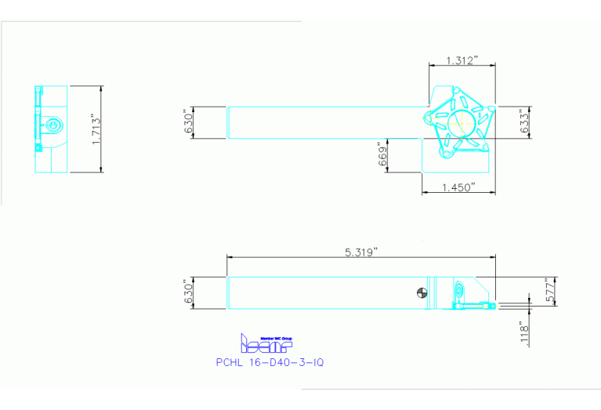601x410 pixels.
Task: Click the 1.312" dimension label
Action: pyautogui.click(x=462, y=60)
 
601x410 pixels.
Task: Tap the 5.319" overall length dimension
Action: pyautogui.click(x=361, y=252)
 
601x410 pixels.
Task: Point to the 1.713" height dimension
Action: pyautogui.click(x=96, y=129)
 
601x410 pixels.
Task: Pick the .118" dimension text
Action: pyautogui.click(x=524, y=332)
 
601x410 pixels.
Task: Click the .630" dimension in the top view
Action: pyautogui.click(x=188, y=123)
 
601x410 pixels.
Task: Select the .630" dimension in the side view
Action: pyautogui.click(x=188, y=293)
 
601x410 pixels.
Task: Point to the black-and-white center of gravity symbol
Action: pyautogui.click(x=423, y=294)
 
